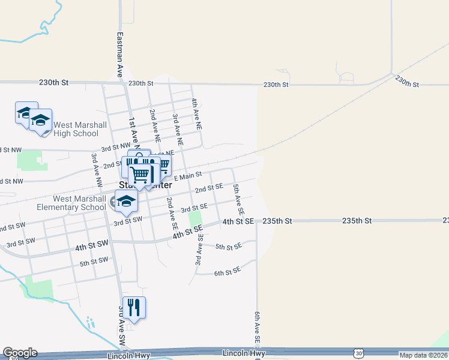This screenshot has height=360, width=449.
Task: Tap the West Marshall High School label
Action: (x=80, y=129)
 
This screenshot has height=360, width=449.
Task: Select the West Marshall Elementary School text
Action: (x=79, y=203)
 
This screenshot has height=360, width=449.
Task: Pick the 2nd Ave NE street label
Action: (x=155, y=125)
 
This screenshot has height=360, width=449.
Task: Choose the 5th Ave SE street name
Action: (x=238, y=200)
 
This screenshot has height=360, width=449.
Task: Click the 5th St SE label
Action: (x=228, y=247)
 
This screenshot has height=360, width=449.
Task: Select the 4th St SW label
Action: (x=92, y=247)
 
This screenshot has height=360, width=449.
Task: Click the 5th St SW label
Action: (x=94, y=262)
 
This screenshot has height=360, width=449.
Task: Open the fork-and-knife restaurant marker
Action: (x=134, y=308)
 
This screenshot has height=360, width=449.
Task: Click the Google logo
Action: (x=20, y=353)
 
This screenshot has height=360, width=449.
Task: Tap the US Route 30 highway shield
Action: (x=358, y=353)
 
